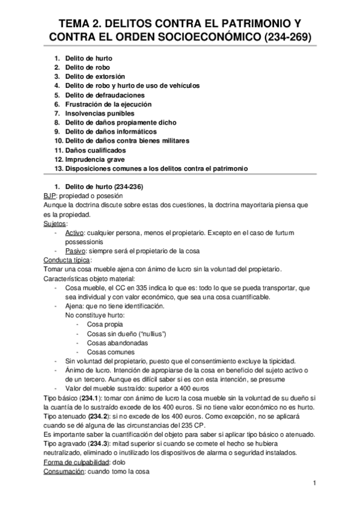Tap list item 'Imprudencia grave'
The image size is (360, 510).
point(93,159)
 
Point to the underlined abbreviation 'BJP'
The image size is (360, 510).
point(50,196)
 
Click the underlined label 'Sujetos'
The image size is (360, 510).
point(55,223)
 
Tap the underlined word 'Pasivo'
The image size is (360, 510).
point(75,250)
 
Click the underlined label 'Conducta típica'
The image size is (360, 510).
point(67,260)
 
